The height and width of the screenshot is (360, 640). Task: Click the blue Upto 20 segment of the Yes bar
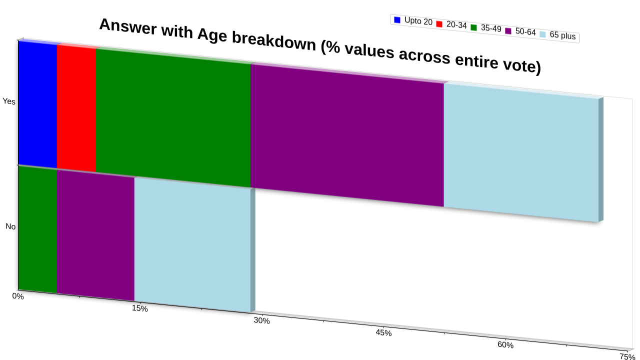[x=37, y=104]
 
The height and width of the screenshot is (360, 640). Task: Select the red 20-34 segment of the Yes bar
[x=76, y=108]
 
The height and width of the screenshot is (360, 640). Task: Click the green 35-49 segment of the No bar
[x=37, y=229]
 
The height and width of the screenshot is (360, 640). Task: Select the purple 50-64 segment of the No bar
[x=95, y=235]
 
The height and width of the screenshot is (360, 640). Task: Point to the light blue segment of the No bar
[x=192, y=245]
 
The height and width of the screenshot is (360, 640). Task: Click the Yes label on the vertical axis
[x=9, y=101]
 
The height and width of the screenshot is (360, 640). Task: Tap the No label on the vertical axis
[x=10, y=226]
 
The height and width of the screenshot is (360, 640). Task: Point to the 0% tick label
[x=18, y=296]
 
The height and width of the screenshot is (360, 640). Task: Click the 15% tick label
[x=139, y=308]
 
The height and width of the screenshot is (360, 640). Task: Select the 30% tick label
[x=261, y=320]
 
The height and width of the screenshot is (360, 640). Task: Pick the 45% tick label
[x=383, y=333]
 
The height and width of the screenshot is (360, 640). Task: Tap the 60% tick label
[x=505, y=345]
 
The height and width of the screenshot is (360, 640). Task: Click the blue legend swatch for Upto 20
[x=397, y=19]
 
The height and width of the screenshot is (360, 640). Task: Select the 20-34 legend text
[x=456, y=25]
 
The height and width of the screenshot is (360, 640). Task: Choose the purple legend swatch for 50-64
[x=508, y=31]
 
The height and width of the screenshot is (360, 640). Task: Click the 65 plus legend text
[x=562, y=35]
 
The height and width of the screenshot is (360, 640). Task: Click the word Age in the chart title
[x=212, y=35]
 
